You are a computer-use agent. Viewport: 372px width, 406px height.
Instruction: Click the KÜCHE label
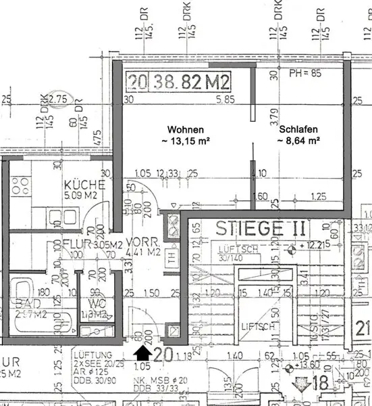pyautogui.click(x=84, y=185)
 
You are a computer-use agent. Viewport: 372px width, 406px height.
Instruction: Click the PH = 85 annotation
pyautogui.click(x=304, y=72)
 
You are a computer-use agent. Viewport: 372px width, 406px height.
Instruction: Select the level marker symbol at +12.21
pyautogui.click(x=291, y=251)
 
